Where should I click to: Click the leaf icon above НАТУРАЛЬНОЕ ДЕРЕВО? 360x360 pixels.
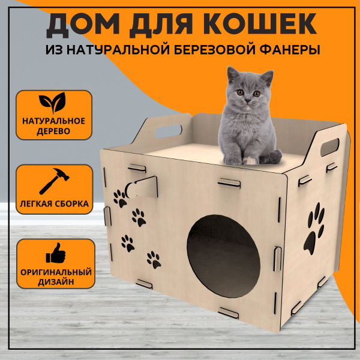coord(53,103)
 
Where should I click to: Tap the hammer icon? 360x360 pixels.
coord(54,181)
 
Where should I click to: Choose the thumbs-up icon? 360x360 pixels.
coord(56,253)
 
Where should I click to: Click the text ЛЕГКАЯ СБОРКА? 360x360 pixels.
coord(54,203)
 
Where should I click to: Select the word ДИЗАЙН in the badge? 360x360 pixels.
coord(56,282)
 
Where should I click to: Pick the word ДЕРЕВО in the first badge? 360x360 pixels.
coord(53,131)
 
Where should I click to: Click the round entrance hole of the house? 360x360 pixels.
coord(223,256)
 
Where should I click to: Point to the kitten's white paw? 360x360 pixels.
coord(250,160)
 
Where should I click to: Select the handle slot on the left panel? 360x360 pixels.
coord(168,131)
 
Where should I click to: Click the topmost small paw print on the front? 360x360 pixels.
coord(120,199)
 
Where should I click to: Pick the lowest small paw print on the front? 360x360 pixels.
coord(154,260)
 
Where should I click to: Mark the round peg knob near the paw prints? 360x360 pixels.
coord(130,190)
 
